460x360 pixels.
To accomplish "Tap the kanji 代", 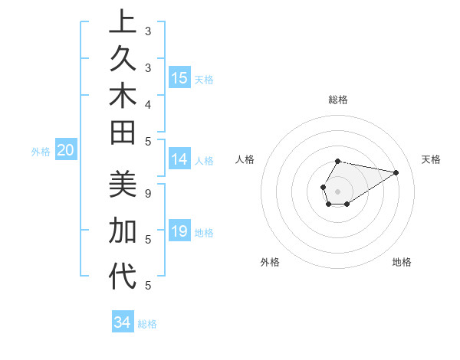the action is pyautogui.click(x=123, y=277).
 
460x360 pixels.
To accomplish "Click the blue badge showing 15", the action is pyautogui.click(x=179, y=78).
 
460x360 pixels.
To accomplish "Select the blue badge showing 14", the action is pyautogui.click(x=179, y=159).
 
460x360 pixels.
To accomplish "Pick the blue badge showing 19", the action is pyautogui.click(x=179, y=231).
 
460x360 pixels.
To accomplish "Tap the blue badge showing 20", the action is pyautogui.click(x=66, y=151).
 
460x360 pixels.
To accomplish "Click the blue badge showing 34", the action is pyautogui.click(x=122, y=322).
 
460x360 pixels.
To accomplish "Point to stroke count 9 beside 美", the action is pyautogui.click(x=148, y=194).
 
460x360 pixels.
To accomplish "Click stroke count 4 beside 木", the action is pyautogui.click(x=148, y=103).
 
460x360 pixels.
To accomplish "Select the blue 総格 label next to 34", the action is pyautogui.click(x=147, y=324).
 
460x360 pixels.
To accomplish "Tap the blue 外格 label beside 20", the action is pyautogui.click(x=41, y=152).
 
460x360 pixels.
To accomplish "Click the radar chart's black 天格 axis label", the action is pyautogui.click(x=431, y=159).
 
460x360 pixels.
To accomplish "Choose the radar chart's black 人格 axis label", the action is pyautogui.click(x=245, y=159).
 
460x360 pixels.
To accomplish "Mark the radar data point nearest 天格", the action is pyautogui.click(x=396, y=172).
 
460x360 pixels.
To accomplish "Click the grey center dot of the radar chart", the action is pyautogui.click(x=338, y=191).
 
